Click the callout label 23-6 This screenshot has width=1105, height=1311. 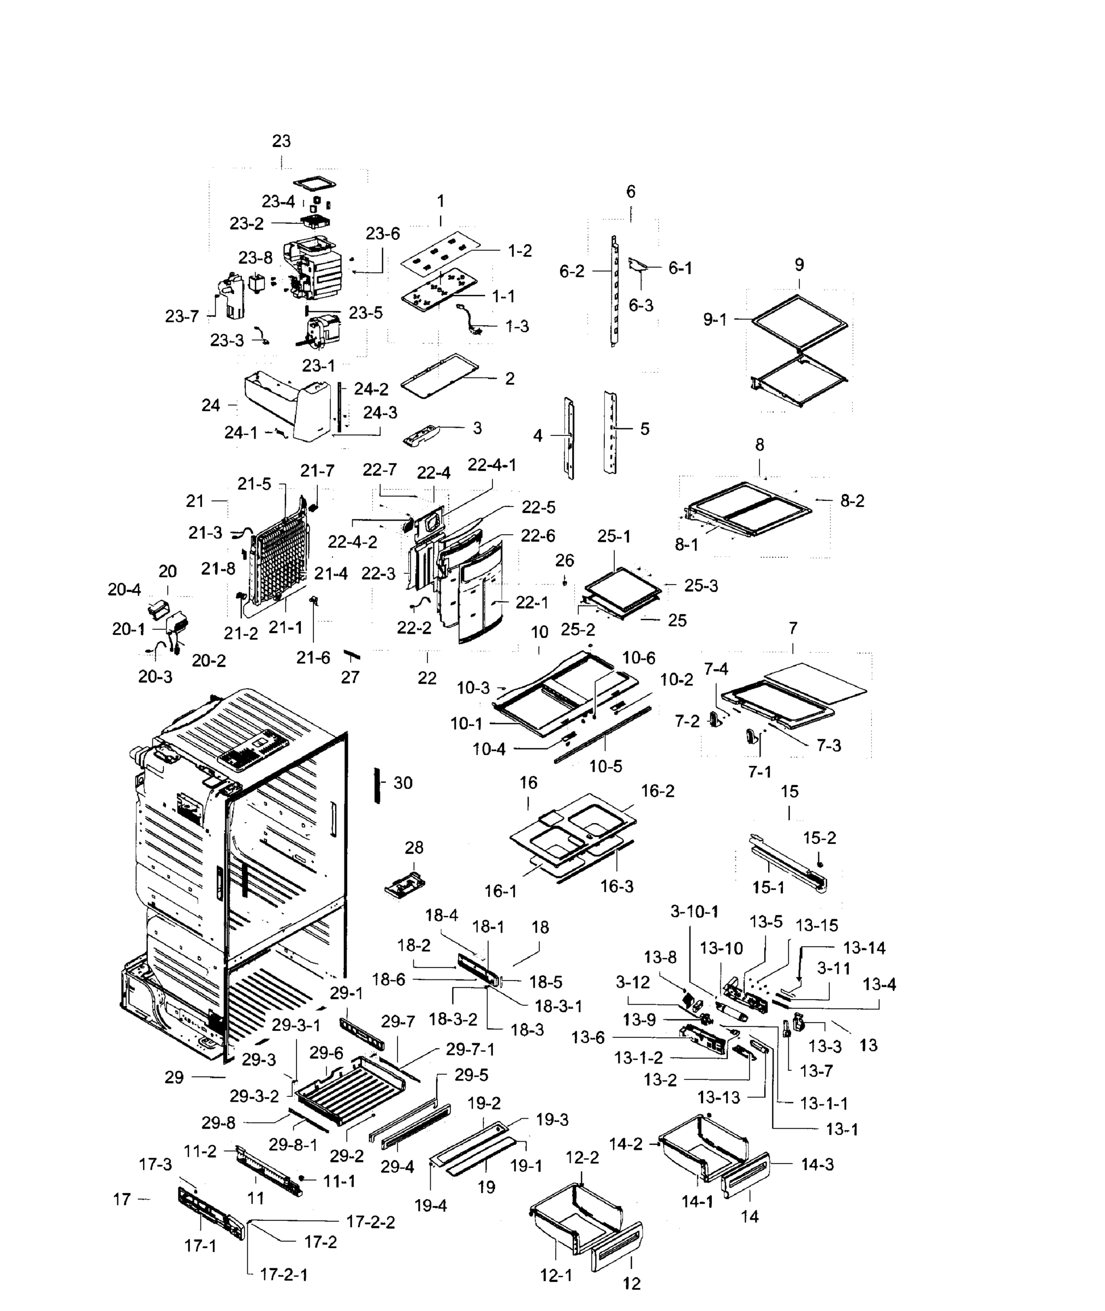pos(382,233)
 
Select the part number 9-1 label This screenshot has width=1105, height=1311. pos(715,320)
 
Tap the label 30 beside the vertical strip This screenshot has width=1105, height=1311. pos(403,783)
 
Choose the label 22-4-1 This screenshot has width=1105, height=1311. pos(492,465)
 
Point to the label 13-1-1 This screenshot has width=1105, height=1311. pos(824,1103)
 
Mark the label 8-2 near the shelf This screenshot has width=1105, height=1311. pos(852,501)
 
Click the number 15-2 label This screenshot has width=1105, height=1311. pos(819,838)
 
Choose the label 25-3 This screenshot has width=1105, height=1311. pos(700,586)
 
